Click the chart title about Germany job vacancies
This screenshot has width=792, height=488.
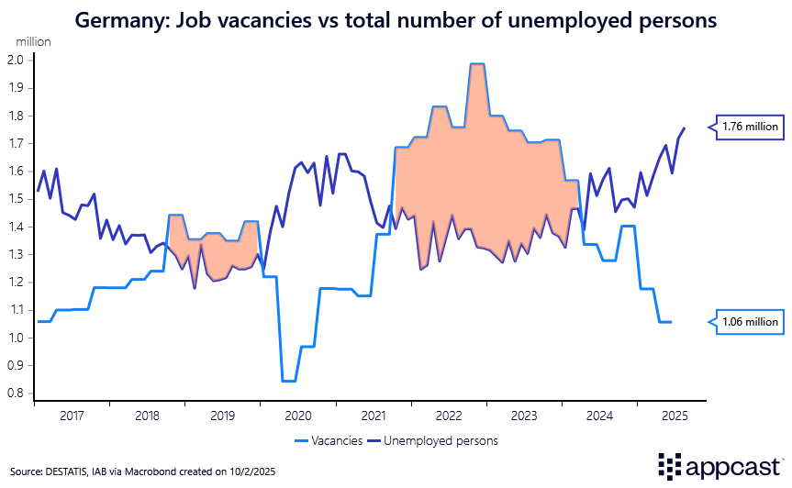tap(396, 19)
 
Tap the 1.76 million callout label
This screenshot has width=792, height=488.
tap(749, 128)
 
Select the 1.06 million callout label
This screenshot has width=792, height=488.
tap(749, 322)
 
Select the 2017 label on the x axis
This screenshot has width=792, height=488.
tap(72, 416)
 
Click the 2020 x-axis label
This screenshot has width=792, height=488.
tap(298, 416)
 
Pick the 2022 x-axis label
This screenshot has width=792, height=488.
tap(449, 416)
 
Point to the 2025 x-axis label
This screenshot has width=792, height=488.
tap(675, 416)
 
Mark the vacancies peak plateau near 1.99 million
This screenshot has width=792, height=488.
tap(476, 64)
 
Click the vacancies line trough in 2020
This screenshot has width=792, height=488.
tap(288, 381)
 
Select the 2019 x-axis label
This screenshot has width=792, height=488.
tap(223, 416)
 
